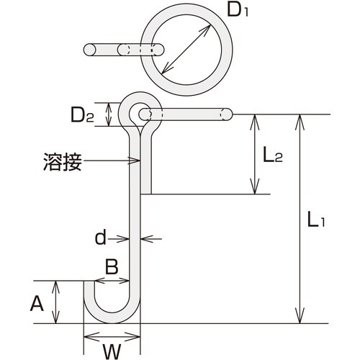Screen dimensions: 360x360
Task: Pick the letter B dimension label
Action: coord(112,267)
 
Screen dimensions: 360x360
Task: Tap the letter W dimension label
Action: coord(109,351)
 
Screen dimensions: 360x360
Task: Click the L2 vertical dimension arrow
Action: coord(253,154)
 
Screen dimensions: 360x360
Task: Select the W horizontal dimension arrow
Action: coord(111,335)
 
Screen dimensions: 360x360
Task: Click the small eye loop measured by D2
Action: coord(138,112)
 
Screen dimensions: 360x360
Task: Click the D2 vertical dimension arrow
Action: coord(109,113)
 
